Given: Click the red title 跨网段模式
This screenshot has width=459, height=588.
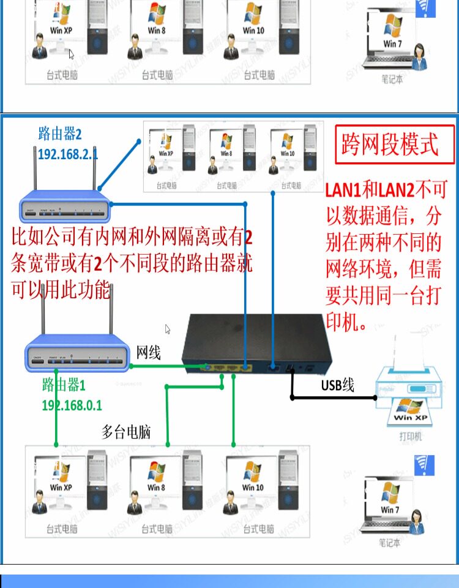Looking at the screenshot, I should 389,146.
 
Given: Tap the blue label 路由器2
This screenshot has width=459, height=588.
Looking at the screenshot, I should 60,133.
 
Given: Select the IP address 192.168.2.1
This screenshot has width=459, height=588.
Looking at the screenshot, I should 68,154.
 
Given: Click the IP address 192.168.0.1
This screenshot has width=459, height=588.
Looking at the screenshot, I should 72,405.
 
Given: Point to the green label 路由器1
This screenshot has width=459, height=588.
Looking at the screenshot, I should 64,385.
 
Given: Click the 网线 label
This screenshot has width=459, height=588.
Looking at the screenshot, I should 148,352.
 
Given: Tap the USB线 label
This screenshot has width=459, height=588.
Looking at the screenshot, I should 338,385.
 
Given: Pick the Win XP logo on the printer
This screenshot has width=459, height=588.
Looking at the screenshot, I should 409,409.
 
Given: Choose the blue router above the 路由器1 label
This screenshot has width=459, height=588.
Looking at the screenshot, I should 76,358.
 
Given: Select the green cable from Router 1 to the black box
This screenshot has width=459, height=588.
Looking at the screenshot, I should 165,367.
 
